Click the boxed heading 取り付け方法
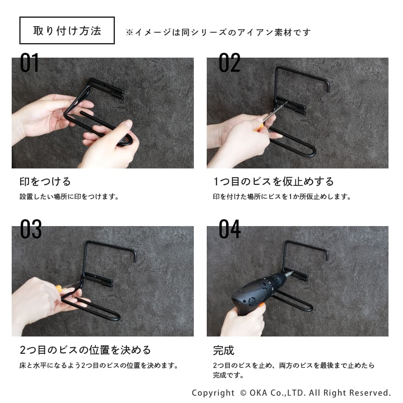click(67, 31)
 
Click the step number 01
click(29, 62)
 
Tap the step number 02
click(229, 62)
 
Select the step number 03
click(31, 229)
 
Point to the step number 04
click(230, 229)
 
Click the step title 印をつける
click(45, 181)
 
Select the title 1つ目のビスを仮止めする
click(274, 181)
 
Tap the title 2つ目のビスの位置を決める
click(85, 350)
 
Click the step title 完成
click(224, 350)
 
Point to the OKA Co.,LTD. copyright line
click(291, 393)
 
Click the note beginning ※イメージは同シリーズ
click(218, 32)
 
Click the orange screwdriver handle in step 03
click(59, 289)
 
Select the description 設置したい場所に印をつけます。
click(69, 197)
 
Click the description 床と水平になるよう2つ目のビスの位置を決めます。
click(99, 365)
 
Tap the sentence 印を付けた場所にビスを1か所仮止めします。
click(282, 197)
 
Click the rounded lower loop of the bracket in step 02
click(312, 152)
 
